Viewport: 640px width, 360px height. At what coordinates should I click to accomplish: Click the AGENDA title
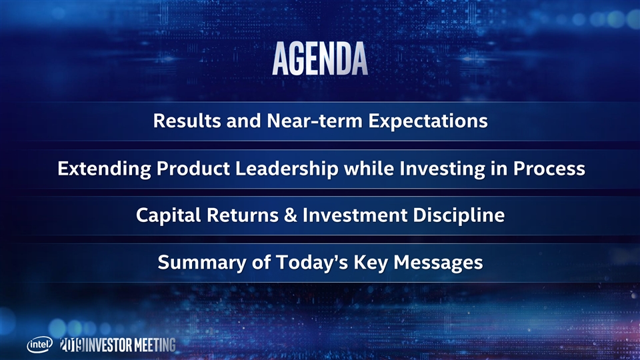(x=320, y=59)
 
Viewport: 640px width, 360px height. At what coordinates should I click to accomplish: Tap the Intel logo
(x=40, y=345)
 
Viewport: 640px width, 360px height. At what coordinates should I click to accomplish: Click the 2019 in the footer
(x=72, y=345)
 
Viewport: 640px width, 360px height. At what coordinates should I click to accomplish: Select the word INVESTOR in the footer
(x=109, y=345)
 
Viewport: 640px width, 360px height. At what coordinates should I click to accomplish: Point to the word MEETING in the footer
(x=155, y=345)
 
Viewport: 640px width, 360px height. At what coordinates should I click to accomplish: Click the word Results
(x=187, y=121)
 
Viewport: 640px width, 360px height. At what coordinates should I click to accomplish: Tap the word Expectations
(x=428, y=121)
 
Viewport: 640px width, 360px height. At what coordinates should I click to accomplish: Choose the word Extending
(x=104, y=169)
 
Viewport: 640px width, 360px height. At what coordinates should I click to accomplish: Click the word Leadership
(x=287, y=169)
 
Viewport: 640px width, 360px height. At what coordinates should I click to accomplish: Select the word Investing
(x=442, y=169)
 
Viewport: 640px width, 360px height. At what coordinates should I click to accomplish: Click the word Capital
(x=169, y=216)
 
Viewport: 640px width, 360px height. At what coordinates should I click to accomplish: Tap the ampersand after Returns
(x=290, y=215)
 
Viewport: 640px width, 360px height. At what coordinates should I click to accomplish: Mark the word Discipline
(x=459, y=216)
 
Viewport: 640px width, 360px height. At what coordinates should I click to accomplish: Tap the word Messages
(x=438, y=263)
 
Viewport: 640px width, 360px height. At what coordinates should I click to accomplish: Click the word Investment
(x=355, y=215)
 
